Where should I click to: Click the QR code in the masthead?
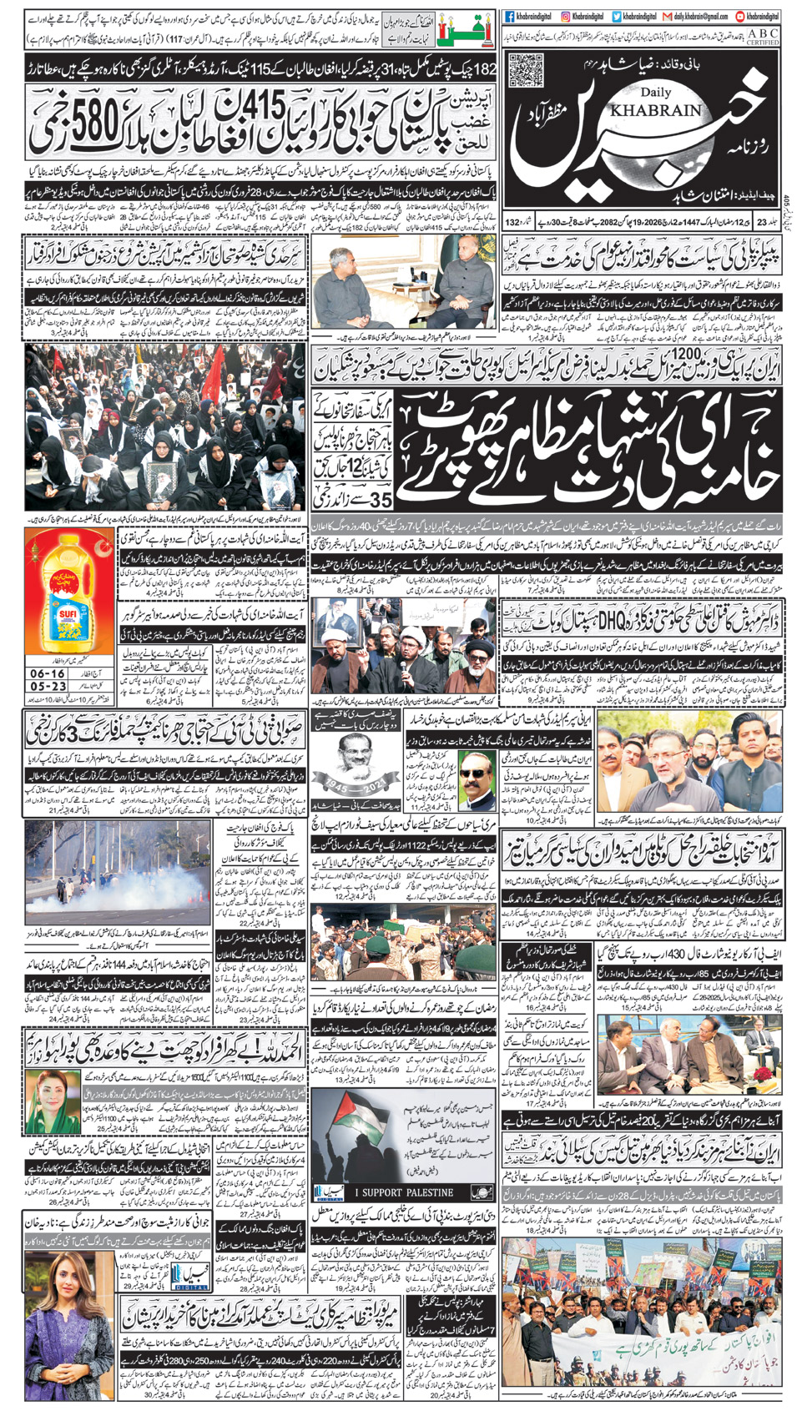coord(526,71)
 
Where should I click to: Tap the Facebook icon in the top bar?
coord(510,16)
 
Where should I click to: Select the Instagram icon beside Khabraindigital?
coord(565,16)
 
